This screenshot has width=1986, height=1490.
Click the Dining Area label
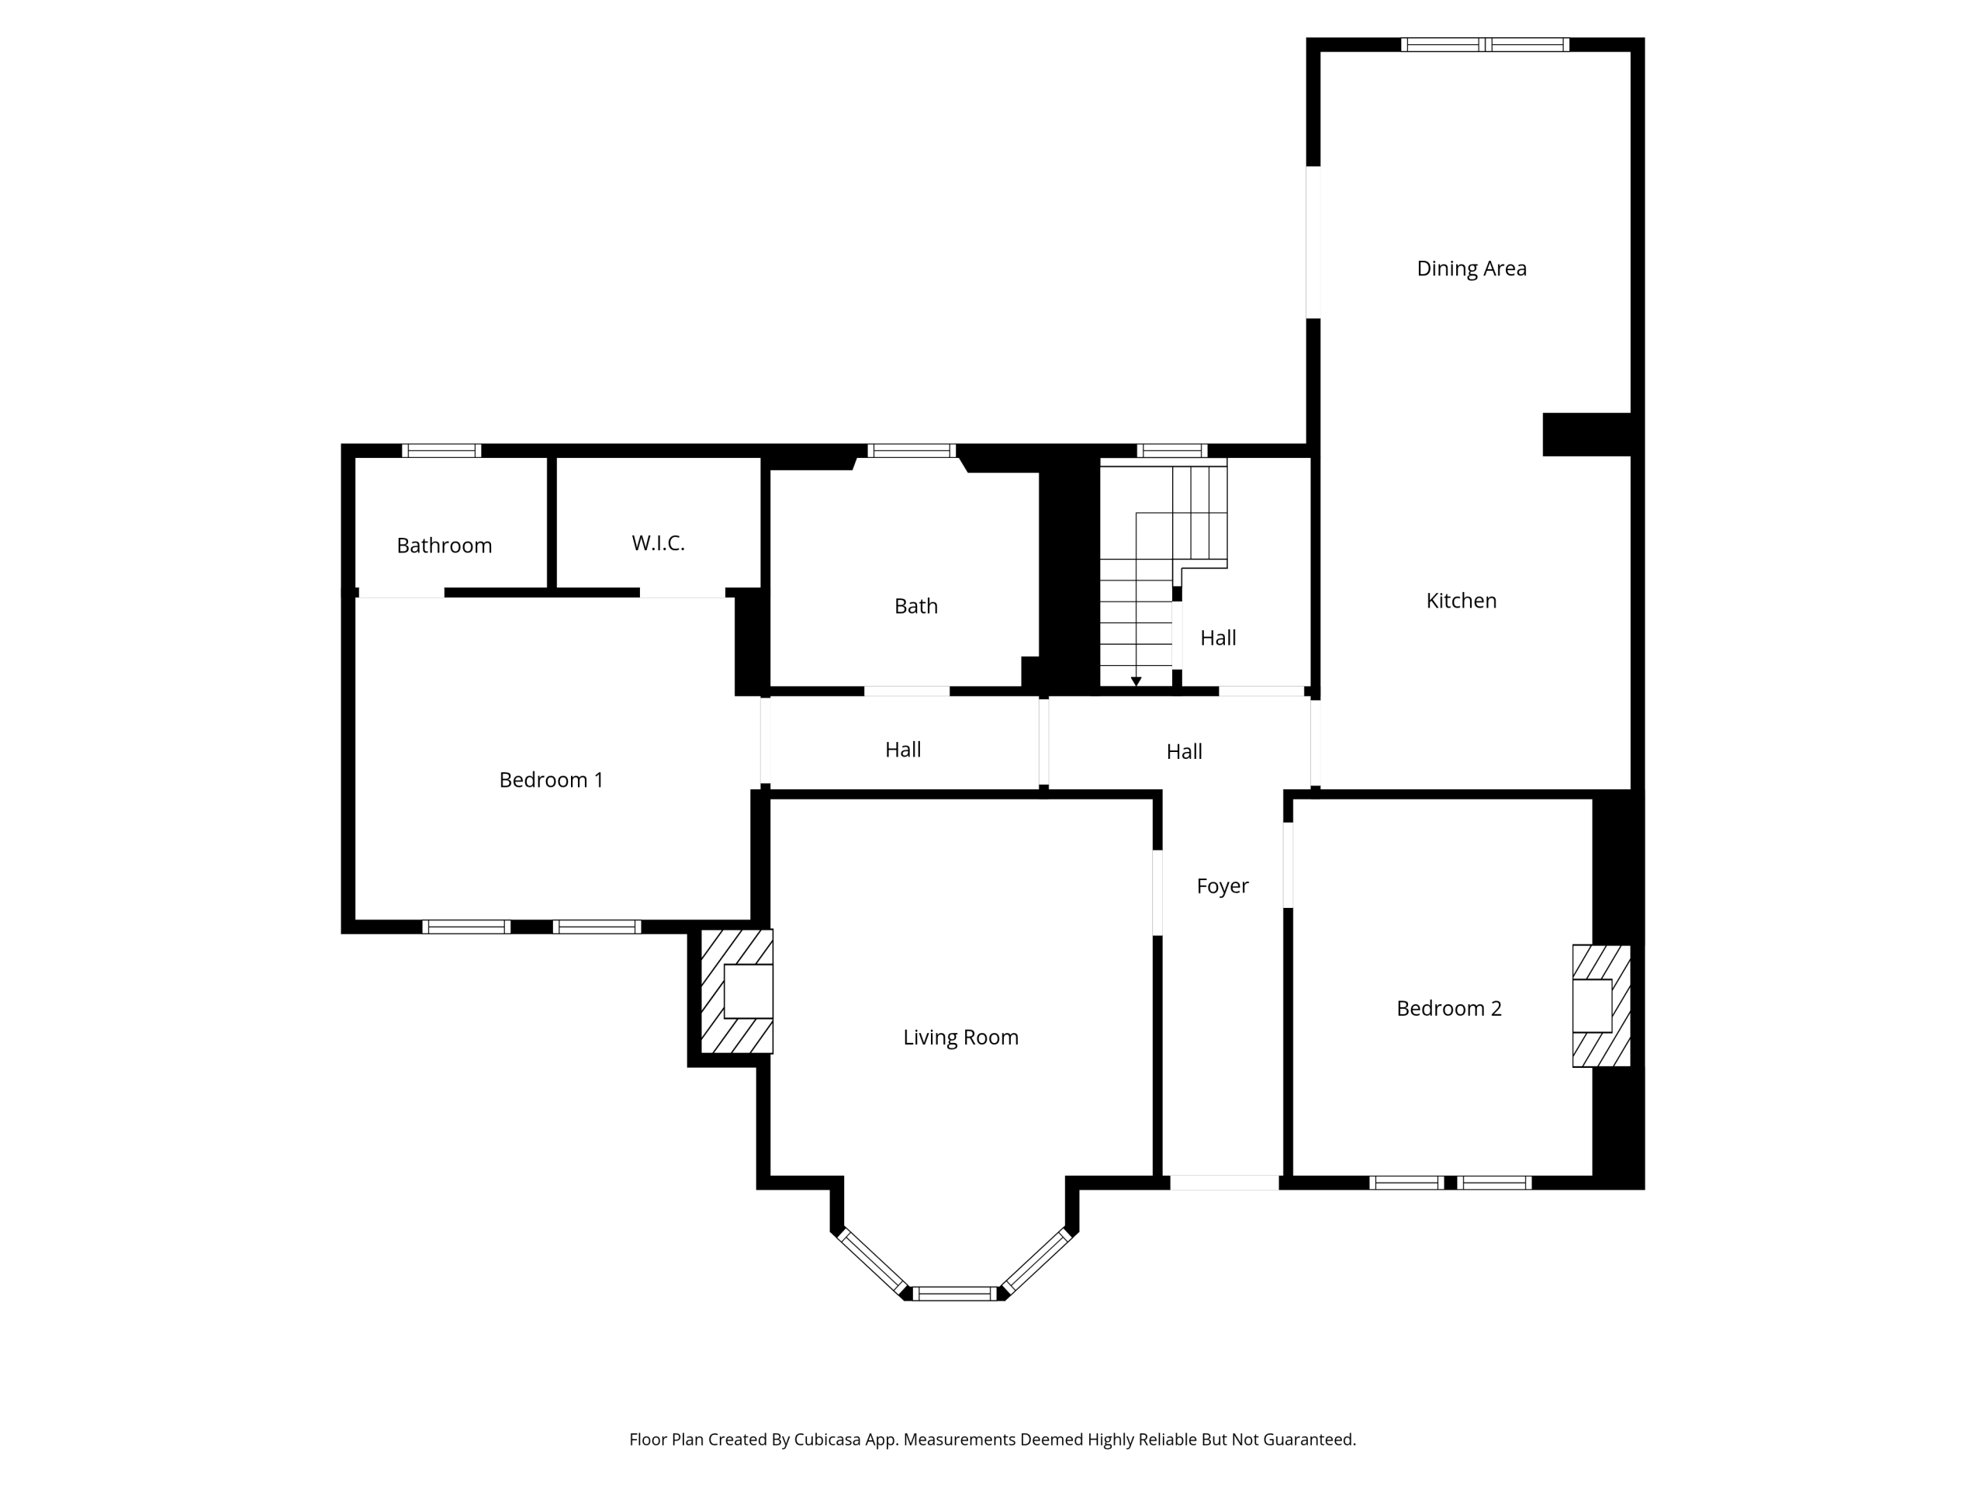(1472, 269)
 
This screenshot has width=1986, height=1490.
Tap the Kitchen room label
(1461, 601)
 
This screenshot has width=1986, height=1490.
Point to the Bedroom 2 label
(1449, 1008)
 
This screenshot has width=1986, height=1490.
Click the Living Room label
(960, 1038)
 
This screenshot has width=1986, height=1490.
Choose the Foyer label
(1223, 886)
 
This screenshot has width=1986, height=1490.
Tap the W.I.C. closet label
(658, 542)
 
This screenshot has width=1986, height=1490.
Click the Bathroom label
(445, 545)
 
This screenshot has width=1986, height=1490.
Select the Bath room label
(915, 606)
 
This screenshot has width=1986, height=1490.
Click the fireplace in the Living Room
(736, 991)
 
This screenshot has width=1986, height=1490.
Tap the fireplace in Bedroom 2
(1602, 1006)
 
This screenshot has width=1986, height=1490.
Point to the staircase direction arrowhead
(1136, 681)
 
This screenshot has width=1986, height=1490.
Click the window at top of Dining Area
(1485, 45)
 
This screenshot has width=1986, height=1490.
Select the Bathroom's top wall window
(441, 451)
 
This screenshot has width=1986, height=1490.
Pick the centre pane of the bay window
(955, 1294)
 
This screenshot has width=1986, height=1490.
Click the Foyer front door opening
(1225, 1183)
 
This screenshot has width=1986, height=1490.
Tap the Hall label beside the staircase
(1218, 638)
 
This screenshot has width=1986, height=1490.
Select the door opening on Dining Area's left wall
(1313, 242)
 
